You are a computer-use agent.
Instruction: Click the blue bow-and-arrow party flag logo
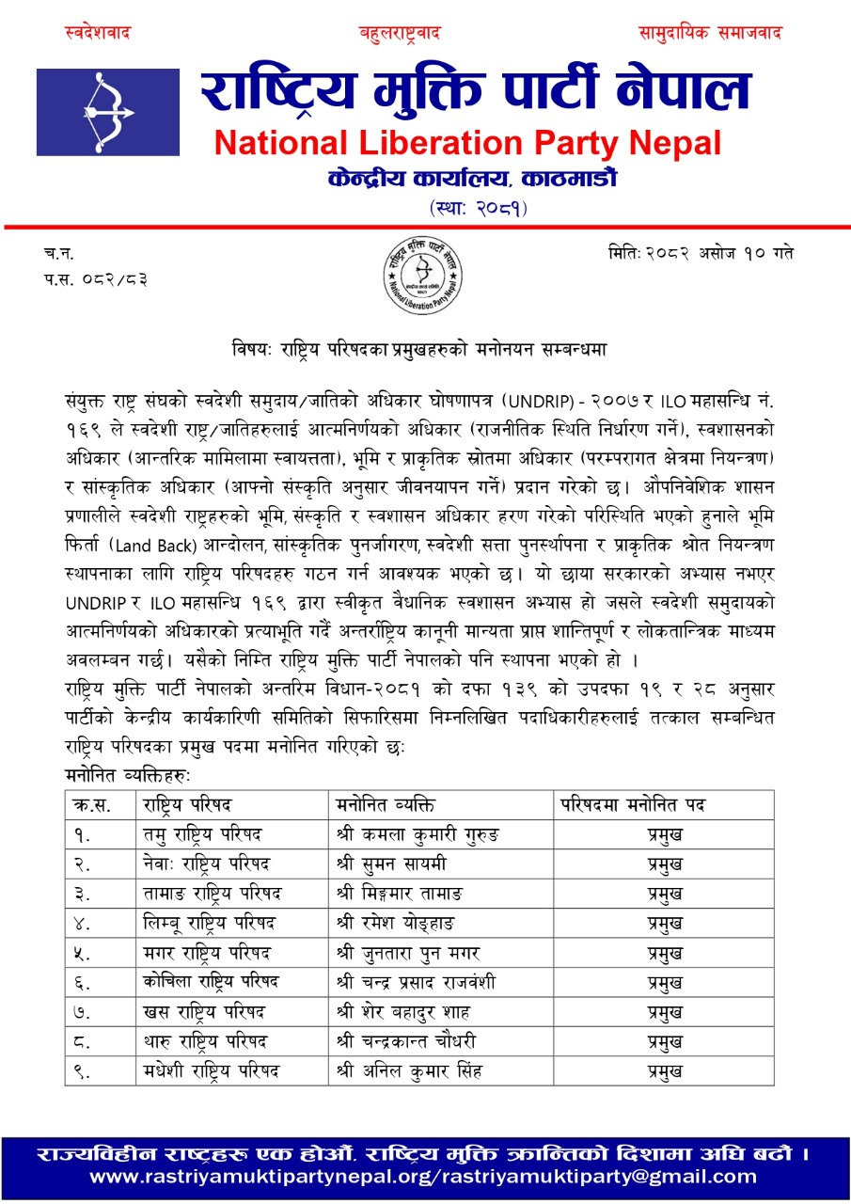(107, 112)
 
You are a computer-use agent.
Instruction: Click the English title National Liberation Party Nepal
(467, 144)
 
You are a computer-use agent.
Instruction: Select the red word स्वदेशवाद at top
(98, 34)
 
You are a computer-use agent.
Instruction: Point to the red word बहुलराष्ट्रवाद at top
(400, 34)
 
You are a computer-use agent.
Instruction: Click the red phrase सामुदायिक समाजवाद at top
(711, 34)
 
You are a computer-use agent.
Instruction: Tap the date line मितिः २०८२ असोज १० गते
(701, 254)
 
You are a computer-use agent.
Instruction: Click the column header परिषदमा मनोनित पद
(634, 805)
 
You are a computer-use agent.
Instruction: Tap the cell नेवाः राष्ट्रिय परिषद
(206, 864)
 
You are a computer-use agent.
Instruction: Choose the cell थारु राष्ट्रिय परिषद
(205, 1041)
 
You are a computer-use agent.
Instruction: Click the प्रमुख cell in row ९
(665, 1070)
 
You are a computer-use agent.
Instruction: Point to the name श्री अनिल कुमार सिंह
(408, 1070)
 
